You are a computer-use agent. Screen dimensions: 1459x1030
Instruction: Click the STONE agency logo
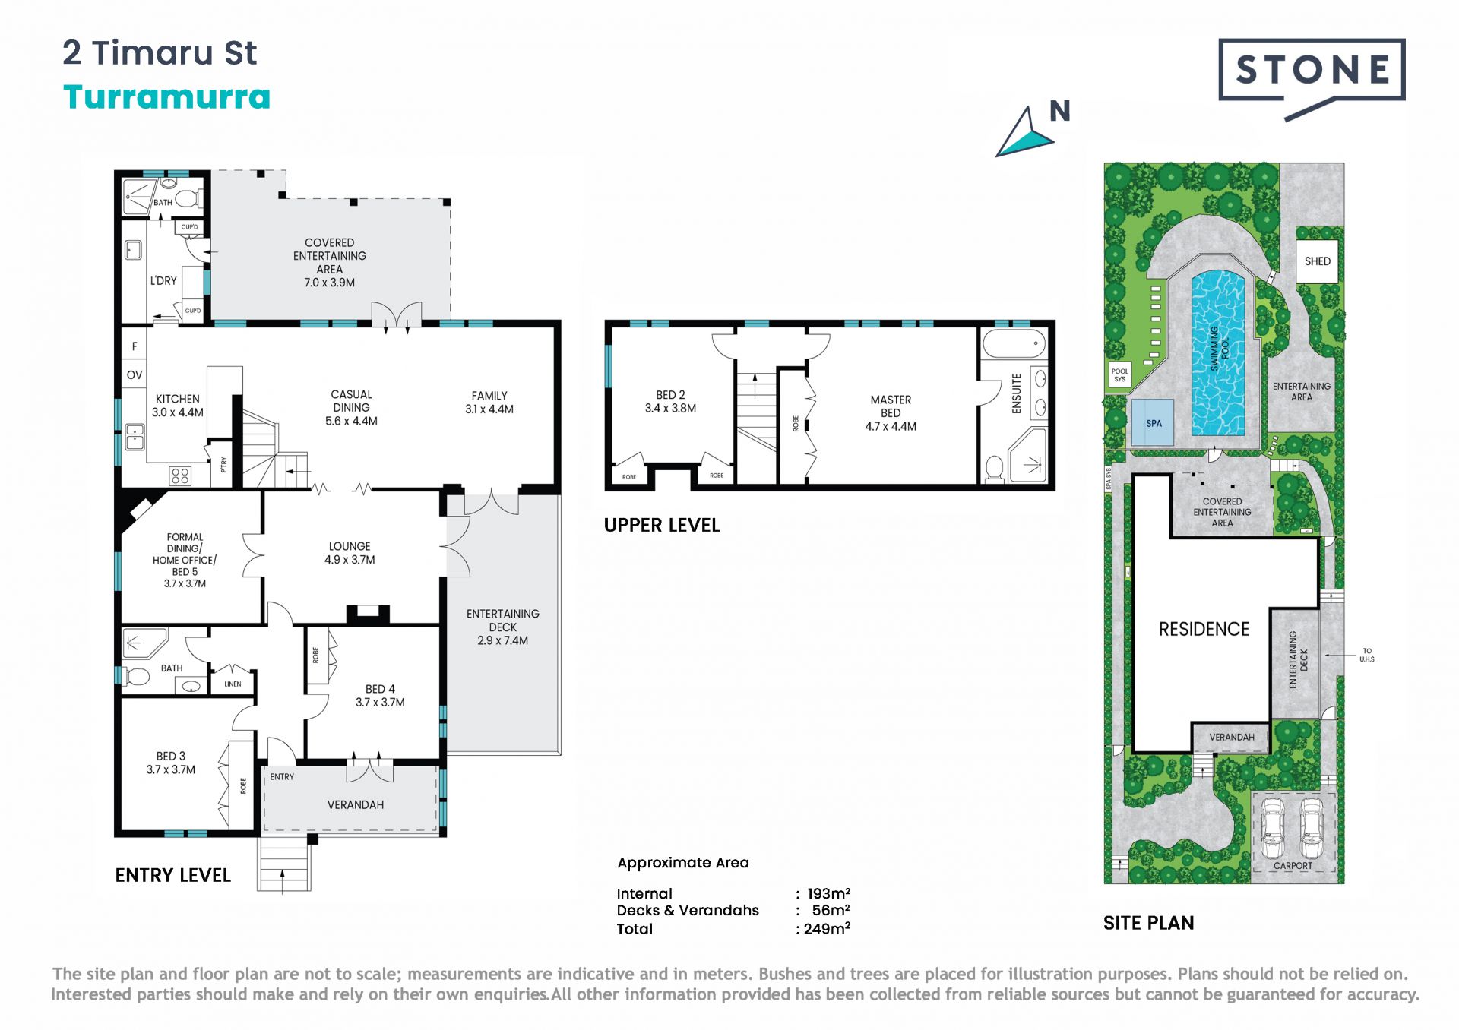point(1312,79)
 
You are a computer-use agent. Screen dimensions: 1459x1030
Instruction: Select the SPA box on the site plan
point(1154,422)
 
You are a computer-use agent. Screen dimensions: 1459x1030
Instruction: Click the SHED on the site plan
point(1317,261)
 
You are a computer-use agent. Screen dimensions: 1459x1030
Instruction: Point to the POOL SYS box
point(1119,375)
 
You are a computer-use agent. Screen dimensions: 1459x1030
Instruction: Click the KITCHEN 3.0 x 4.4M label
point(178,406)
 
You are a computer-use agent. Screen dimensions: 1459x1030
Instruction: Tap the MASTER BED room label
point(891,412)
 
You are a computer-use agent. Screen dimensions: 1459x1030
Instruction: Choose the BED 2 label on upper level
point(670,401)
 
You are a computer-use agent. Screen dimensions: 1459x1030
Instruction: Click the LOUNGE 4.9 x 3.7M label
point(350,553)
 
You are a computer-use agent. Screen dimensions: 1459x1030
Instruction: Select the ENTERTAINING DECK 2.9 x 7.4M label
point(503,627)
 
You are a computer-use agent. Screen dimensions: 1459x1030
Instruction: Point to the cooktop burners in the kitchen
point(180,476)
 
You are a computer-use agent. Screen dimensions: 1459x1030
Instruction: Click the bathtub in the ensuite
point(1014,344)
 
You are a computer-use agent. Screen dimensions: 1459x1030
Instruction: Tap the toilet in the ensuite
point(994,469)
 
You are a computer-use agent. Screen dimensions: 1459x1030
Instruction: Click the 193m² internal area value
point(828,893)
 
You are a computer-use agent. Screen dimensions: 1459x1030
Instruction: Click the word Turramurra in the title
point(167,97)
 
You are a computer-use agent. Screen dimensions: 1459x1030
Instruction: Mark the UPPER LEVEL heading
point(662,525)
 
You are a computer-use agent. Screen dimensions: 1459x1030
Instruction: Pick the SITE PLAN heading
point(1149,923)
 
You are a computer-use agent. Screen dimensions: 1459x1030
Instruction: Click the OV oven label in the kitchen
point(135,374)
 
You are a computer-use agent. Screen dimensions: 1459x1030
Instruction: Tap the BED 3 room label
point(171,763)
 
